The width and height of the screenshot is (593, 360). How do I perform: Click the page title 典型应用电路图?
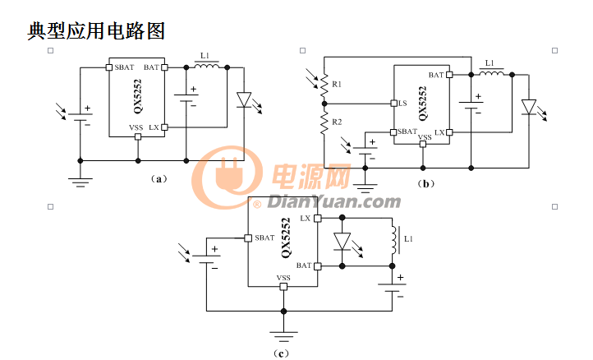pos(96,31)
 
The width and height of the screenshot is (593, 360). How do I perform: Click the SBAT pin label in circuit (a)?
pos(124,67)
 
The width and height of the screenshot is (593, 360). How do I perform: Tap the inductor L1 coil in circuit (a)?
pos(206,66)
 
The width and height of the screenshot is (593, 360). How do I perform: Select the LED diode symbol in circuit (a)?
pos(244,99)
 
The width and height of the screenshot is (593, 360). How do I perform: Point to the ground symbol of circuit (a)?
pos(80,182)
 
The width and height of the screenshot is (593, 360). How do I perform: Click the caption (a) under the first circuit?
pos(159,178)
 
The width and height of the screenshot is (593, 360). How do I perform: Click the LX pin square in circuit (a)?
pos(164,127)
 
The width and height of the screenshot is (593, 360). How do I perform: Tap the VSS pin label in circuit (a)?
pos(136,127)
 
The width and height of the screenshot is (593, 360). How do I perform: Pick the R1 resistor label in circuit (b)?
pos(337,84)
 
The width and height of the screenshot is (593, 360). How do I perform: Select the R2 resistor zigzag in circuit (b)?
pos(324,122)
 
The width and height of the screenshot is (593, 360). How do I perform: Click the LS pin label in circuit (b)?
pos(402,103)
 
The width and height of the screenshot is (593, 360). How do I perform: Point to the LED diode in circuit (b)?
pos(529,107)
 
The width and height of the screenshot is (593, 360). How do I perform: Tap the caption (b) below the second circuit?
pos(425,184)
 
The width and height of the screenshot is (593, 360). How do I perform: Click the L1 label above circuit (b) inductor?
pos(490,62)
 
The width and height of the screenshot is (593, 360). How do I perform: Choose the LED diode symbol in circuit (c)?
pos(342,242)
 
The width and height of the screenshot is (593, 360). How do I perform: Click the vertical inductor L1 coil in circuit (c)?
pos(394,240)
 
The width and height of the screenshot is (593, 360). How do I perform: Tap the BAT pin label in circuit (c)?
pos(304,265)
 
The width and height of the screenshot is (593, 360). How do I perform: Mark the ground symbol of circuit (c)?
pos(283,336)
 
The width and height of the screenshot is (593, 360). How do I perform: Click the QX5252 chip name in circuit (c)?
pos(286,238)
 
